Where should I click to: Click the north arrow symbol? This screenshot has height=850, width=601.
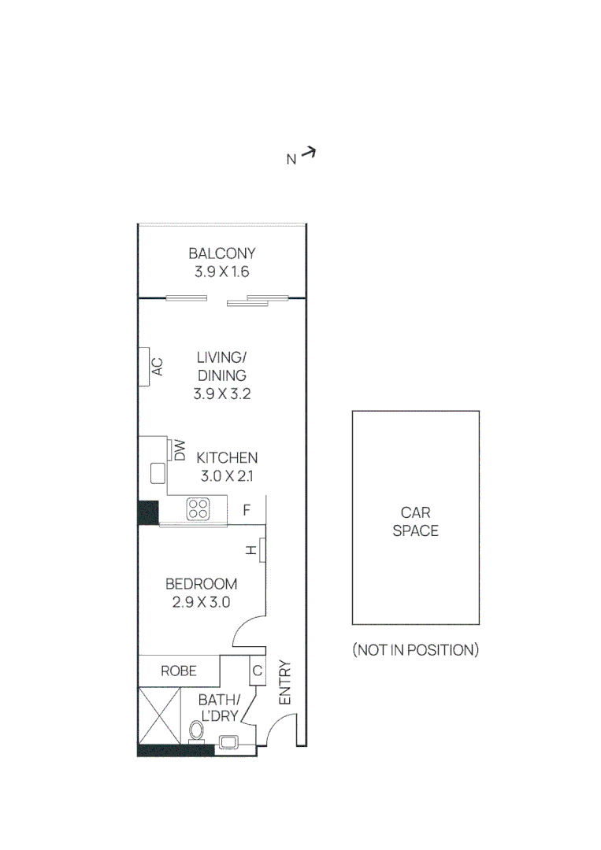[x=308, y=153]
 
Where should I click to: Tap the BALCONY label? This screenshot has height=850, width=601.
[x=222, y=253]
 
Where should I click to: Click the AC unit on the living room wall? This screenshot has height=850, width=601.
[x=146, y=366]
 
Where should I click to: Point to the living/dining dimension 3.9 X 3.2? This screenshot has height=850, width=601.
[x=222, y=394]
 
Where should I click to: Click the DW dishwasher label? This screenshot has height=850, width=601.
[x=179, y=450]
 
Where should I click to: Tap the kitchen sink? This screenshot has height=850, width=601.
[x=157, y=473]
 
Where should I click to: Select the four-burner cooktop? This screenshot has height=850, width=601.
[x=198, y=508]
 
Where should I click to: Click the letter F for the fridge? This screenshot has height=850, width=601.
[x=247, y=510]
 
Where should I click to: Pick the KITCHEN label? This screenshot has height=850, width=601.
[x=227, y=457]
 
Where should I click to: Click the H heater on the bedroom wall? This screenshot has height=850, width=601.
[x=260, y=551]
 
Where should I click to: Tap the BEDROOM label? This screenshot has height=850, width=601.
[x=201, y=584]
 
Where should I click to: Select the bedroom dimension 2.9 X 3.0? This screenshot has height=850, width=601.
[x=201, y=603]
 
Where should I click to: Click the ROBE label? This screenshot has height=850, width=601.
[x=179, y=671]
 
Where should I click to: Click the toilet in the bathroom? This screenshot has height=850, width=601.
[x=197, y=731]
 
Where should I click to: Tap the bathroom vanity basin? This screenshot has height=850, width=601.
[x=230, y=741]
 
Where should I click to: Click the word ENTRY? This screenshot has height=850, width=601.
[x=285, y=683]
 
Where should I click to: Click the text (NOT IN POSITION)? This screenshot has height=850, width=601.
[x=415, y=650]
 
